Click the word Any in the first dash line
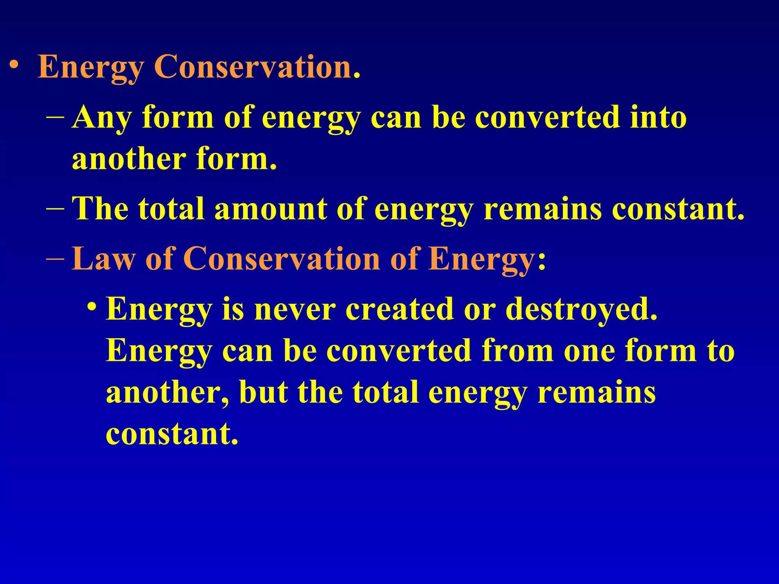101,118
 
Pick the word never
295,309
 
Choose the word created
399,309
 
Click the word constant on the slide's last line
172,434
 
